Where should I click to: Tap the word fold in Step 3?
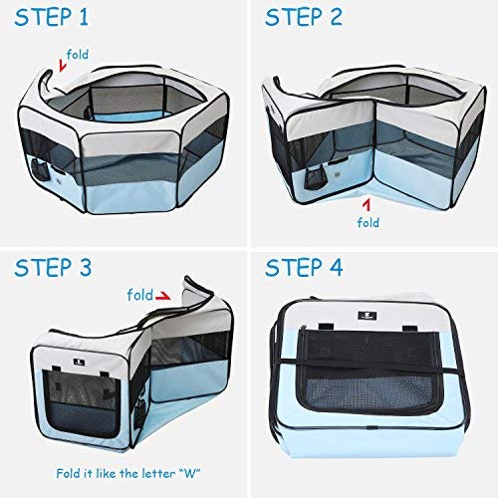coord(139,295)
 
